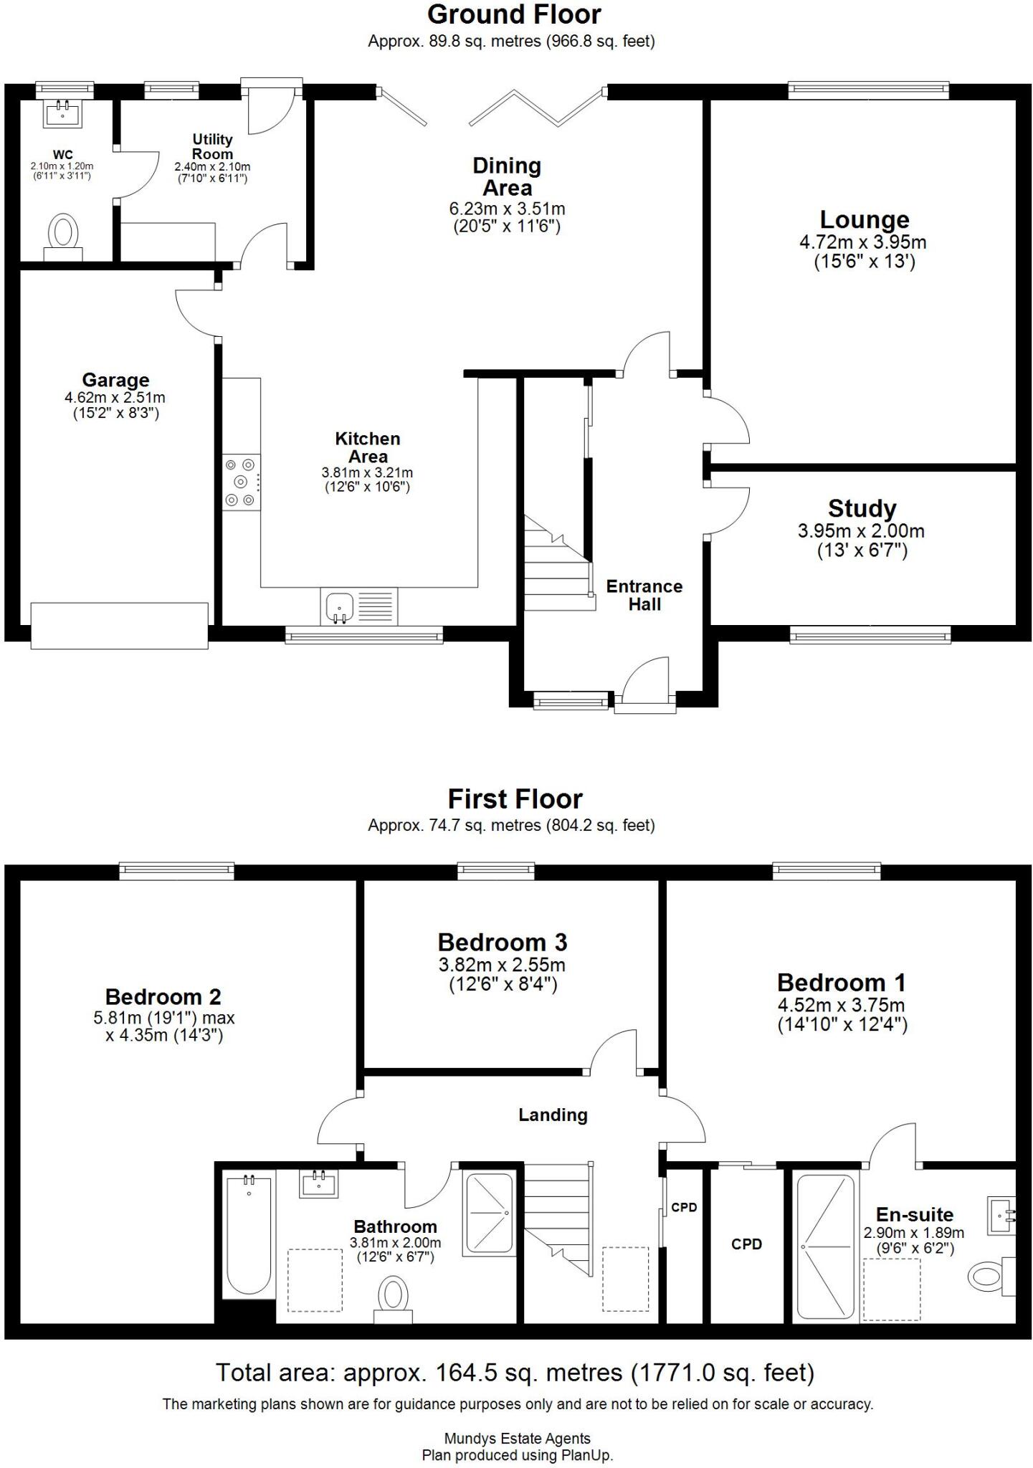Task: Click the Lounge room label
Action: (864, 219)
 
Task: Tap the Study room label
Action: (862, 509)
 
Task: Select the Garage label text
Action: (115, 380)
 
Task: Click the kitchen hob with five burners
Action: (242, 482)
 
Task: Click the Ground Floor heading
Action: (514, 14)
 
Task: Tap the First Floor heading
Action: (515, 799)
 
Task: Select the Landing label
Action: (553, 1115)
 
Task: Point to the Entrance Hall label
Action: (644, 595)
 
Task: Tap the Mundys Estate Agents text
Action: (517, 1438)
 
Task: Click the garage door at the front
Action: (119, 625)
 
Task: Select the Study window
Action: (870, 634)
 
